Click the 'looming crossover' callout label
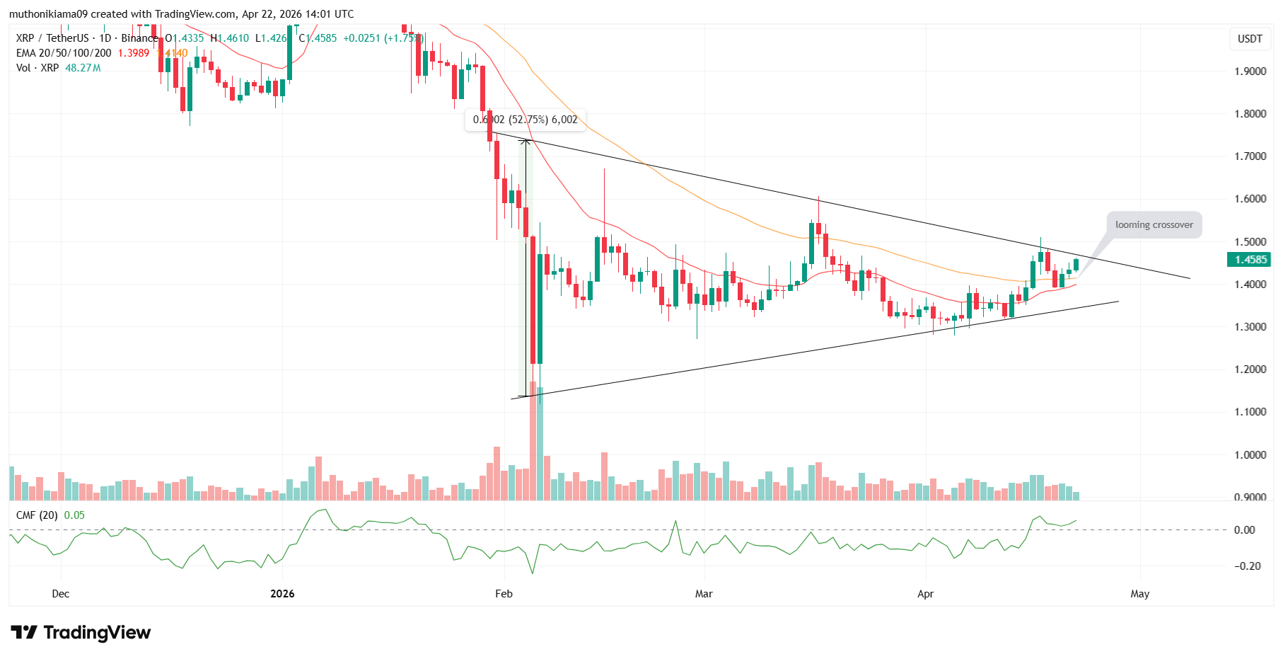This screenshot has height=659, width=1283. tap(1154, 225)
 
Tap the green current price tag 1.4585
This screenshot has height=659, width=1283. tap(1250, 260)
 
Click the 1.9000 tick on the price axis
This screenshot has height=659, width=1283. tap(1250, 71)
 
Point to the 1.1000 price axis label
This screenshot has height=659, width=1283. tap(1250, 412)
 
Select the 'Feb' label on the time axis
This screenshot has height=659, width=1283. tap(504, 594)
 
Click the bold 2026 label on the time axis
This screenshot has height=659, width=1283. tap(282, 594)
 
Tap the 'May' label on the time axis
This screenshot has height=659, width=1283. tap(1139, 594)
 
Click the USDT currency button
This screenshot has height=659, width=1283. tap(1250, 39)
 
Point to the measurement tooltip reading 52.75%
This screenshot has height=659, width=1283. tap(526, 120)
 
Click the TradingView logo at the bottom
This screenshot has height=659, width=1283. tap(81, 632)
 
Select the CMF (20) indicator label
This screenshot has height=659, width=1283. tap(37, 515)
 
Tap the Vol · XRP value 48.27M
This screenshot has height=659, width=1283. tap(83, 68)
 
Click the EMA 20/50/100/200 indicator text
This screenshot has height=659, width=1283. tap(64, 53)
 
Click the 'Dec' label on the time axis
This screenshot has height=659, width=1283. tap(61, 594)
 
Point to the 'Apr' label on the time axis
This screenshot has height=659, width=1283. tap(925, 594)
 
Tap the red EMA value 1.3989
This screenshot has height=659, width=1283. tap(134, 53)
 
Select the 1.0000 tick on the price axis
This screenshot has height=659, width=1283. tap(1250, 455)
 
